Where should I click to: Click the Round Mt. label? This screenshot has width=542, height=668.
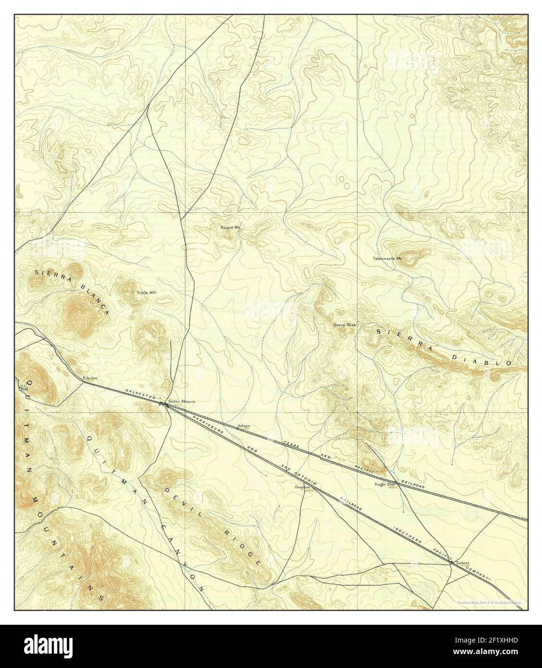coord(230,227)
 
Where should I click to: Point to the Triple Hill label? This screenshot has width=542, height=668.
coord(146,292)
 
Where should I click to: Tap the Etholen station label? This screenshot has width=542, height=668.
coord(90,378)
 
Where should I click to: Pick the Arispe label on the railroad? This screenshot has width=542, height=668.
coord(244,426)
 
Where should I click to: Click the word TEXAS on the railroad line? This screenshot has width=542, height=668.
coord(291,444)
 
